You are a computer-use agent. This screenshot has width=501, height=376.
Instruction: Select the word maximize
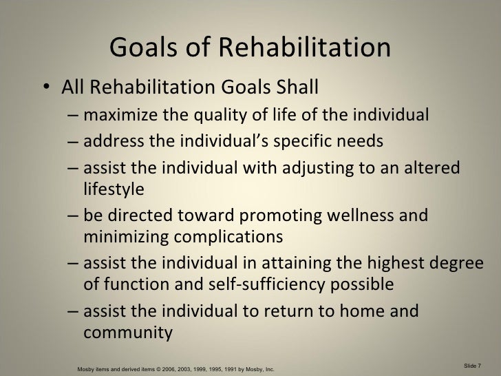tap(122, 114)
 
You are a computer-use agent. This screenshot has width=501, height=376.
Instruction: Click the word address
tap(111, 142)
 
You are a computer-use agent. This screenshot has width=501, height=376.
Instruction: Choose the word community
tap(127, 330)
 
